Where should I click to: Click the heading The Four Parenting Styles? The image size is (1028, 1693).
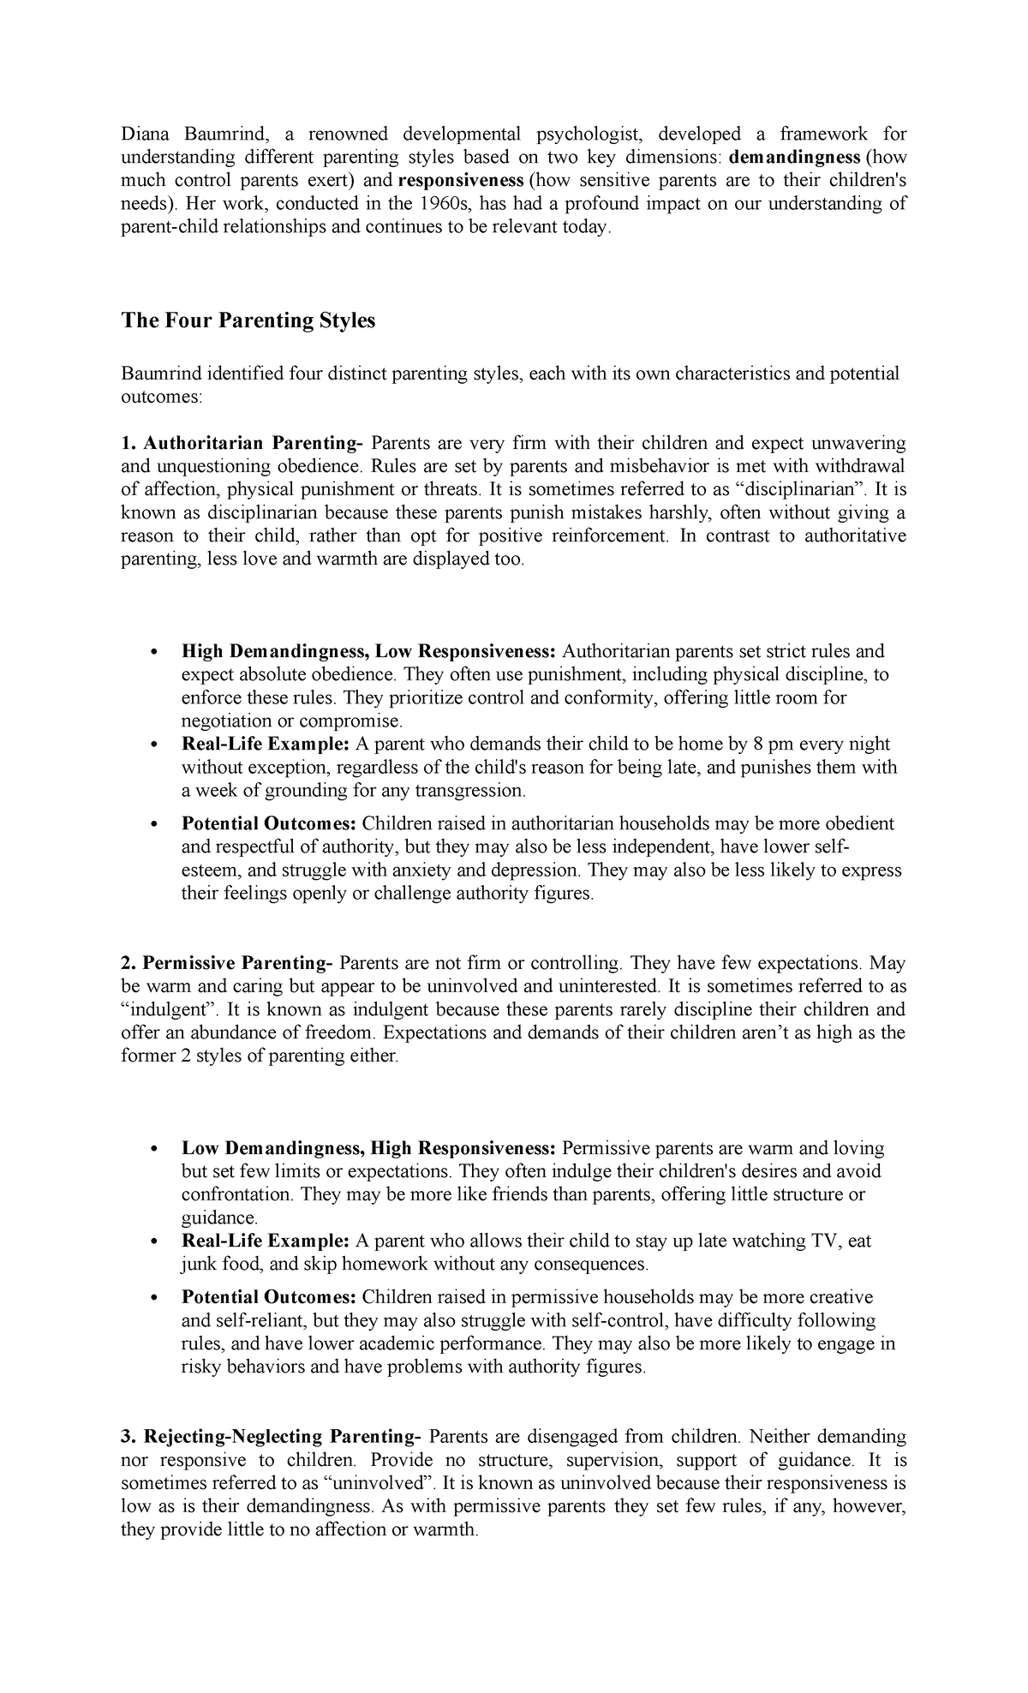(x=248, y=320)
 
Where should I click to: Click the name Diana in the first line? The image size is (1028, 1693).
(x=145, y=134)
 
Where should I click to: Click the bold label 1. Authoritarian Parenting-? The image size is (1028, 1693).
(x=242, y=443)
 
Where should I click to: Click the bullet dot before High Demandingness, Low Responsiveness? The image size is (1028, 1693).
(x=154, y=652)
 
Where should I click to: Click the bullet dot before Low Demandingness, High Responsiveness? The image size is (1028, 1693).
(x=154, y=1149)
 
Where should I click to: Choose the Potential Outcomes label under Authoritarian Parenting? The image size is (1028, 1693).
(x=269, y=823)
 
